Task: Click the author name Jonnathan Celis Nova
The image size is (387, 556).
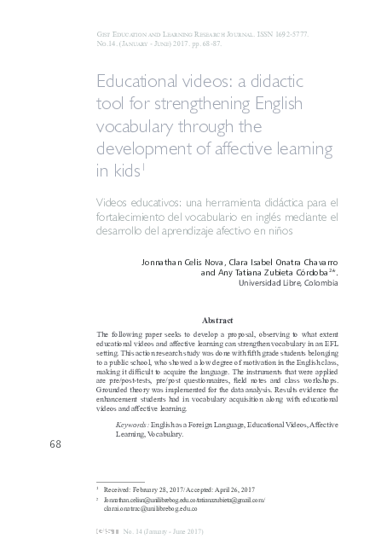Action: [x=180, y=260]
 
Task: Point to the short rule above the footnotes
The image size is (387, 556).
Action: [x=120, y=482]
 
